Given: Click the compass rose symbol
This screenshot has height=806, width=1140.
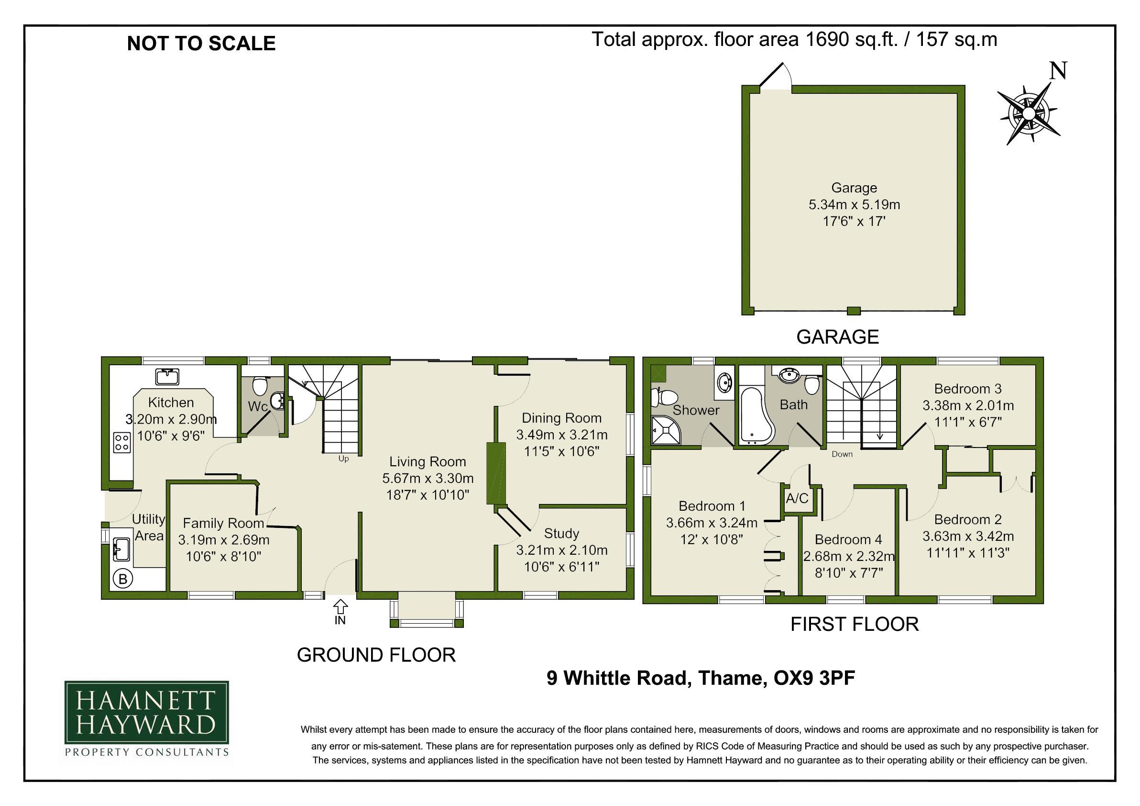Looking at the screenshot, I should (1029, 114).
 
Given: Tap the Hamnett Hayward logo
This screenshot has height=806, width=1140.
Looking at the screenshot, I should (146, 717).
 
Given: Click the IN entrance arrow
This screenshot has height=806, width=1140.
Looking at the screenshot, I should (340, 607).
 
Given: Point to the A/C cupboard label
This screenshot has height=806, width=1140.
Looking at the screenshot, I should (797, 498).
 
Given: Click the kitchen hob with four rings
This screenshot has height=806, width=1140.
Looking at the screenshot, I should (122, 442).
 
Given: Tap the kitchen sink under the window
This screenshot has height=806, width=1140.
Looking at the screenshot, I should (167, 376).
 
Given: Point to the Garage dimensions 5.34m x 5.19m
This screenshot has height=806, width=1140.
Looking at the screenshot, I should (854, 204).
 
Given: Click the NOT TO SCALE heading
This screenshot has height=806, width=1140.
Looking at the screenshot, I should (201, 44).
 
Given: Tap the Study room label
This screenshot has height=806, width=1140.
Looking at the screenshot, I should (561, 533).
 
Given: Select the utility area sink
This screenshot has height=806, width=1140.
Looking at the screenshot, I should (121, 549).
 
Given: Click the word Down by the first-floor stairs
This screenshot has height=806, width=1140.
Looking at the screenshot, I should (842, 454).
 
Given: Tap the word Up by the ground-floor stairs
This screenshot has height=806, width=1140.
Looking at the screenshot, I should (344, 459).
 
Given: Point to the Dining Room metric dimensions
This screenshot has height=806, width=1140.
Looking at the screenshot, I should (561, 435).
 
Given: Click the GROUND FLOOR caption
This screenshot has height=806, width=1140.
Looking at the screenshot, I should (376, 655).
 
